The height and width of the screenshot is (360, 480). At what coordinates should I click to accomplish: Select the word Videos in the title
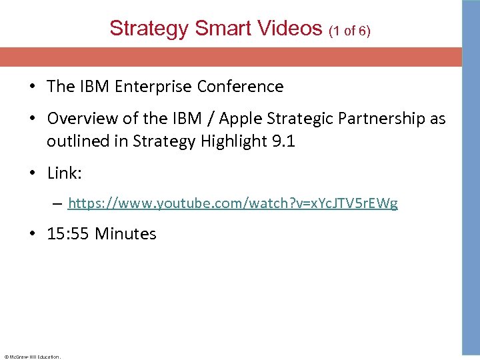click(x=291, y=29)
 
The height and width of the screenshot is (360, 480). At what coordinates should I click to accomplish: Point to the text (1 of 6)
click(x=349, y=31)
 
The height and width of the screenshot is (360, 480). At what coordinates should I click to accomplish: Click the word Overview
click(x=80, y=119)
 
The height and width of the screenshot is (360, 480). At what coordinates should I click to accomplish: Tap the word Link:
click(x=63, y=173)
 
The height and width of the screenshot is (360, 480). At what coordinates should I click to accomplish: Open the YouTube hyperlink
click(x=233, y=203)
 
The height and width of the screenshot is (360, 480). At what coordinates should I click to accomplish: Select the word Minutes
click(x=125, y=234)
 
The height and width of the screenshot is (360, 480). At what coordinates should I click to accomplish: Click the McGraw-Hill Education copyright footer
click(x=32, y=357)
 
